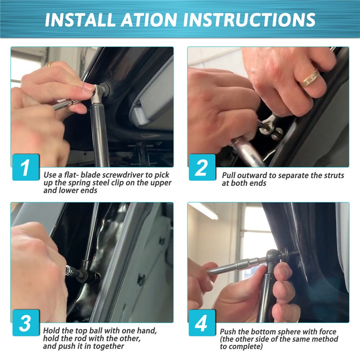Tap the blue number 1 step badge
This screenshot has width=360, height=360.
pos(26,167)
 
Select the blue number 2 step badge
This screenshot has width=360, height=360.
pos(202,167)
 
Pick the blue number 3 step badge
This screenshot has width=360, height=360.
pos(26,323)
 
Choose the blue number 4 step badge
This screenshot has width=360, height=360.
pos(202,323)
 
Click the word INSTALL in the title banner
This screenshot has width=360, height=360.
pos(80,20)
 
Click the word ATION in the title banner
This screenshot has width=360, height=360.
pos(149,20)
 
